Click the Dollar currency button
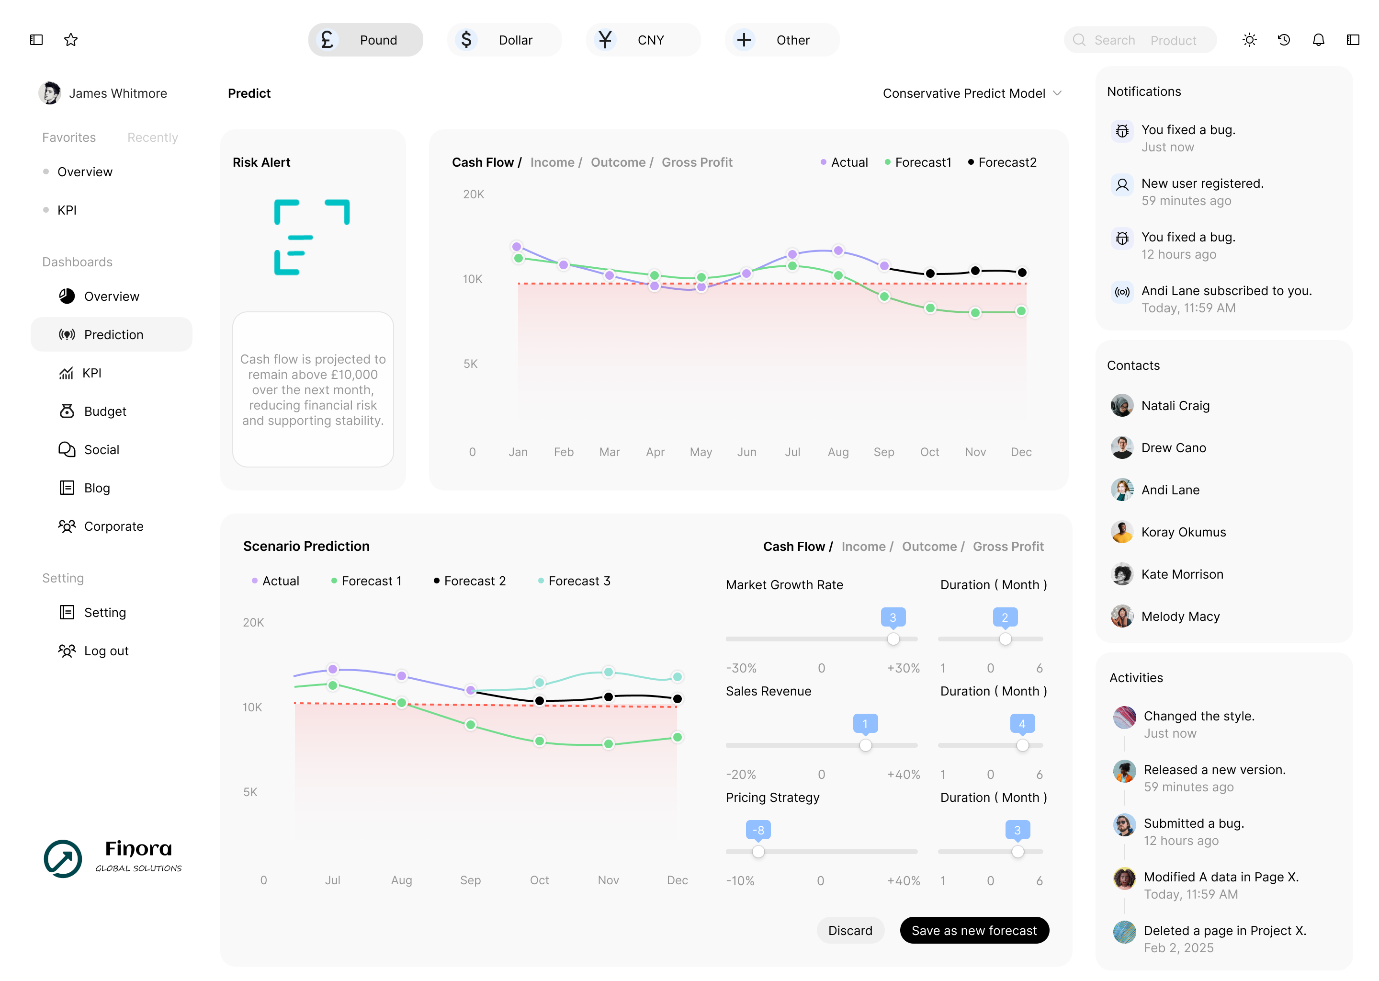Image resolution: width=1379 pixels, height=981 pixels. [x=504, y=40]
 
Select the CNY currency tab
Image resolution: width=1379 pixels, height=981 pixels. [x=643, y=40]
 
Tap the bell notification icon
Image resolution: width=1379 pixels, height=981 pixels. [x=1318, y=40]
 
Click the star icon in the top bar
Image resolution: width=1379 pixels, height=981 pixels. [x=71, y=40]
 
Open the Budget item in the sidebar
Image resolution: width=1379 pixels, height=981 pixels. [x=105, y=411]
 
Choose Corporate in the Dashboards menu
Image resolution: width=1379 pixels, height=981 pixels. [x=113, y=526]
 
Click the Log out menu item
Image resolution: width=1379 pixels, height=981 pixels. [x=106, y=650]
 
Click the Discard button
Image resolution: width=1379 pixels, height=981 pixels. [x=849, y=930]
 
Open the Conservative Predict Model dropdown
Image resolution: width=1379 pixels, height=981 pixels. [x=972, y=93]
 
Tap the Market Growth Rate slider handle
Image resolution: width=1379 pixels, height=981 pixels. [x=893, y=639]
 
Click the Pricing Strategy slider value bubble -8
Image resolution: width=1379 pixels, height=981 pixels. [x=758, y=830]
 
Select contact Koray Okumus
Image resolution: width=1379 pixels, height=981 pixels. [x=1183, y=532]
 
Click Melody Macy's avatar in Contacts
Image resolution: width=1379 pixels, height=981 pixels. [x=1122, y=616]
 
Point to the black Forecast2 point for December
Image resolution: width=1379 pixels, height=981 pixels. [x=1022, y=273]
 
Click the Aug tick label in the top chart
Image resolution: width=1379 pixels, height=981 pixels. [x=837, y=452]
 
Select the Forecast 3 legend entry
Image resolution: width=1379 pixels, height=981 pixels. [x=578, y=581]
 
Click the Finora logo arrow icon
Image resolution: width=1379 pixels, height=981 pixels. [x=63, y=858]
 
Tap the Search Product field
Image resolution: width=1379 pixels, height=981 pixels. [x=1140, y=40]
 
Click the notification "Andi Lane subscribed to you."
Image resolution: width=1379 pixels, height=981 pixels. [x=1226, y=291]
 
